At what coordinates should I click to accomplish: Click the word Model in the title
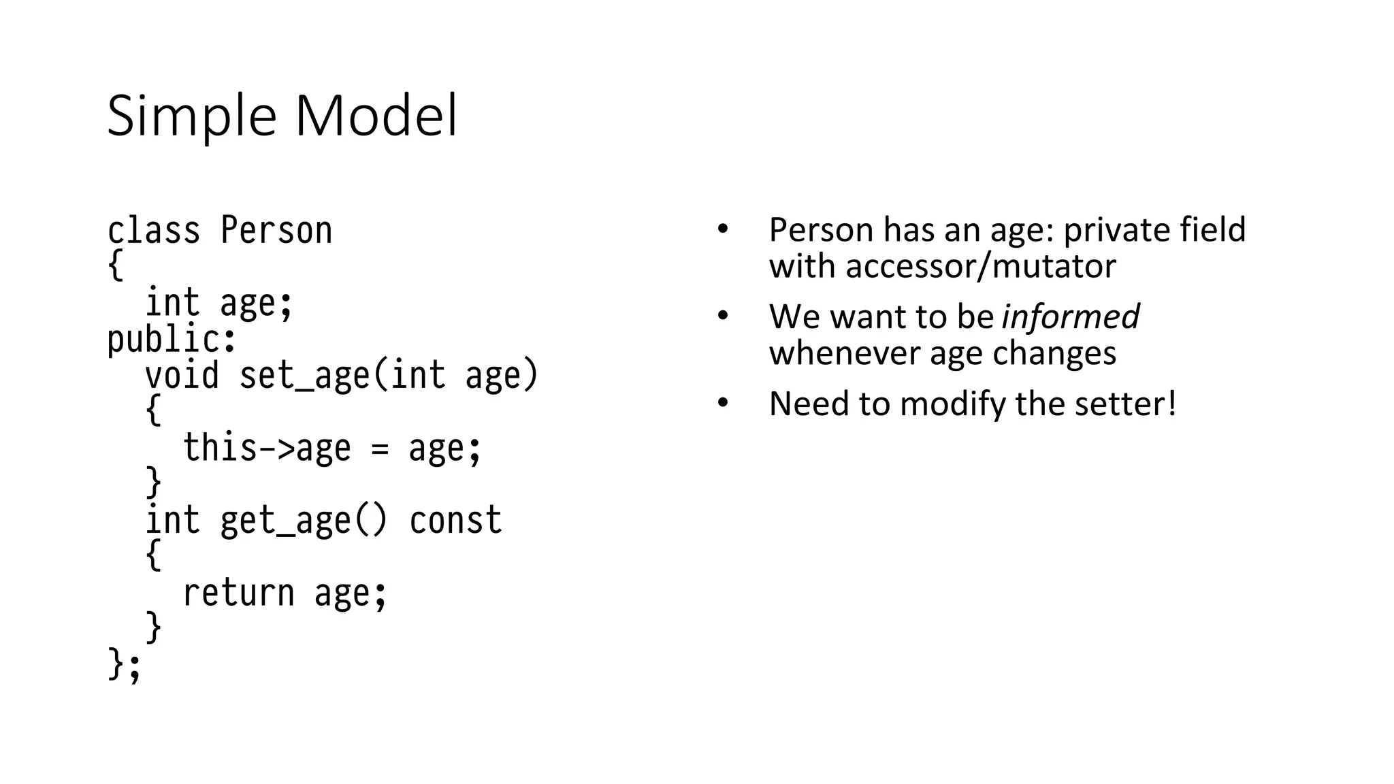click(x=376, y=116)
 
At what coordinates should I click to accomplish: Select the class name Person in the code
click(x=276, y=231)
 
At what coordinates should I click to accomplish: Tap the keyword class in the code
click(x=154, y=231)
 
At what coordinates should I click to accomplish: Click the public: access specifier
click(x=172, y=340)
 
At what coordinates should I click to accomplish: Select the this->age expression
click(x=267, y=448)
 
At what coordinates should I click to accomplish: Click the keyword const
click(x=455, y=521)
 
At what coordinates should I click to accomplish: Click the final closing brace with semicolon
click(x=124, y=665)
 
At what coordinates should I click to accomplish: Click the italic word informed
click(x=1070, y=316)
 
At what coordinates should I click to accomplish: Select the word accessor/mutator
click(x=980, y=266)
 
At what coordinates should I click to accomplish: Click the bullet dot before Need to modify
click(x=723, y=403)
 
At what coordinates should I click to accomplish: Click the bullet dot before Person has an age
click(x=723, y=229)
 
